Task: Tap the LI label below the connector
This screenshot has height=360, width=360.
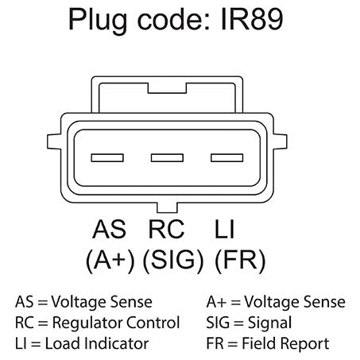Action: click(x=224, y=230)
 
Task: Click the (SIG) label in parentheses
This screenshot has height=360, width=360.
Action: click(x=172, y=261)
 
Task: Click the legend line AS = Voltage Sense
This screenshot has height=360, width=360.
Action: click(x=83, y=303)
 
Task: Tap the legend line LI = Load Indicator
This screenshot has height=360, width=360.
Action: click(x=82, y=344)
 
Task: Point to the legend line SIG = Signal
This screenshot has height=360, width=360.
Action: click(x=248, y=323)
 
